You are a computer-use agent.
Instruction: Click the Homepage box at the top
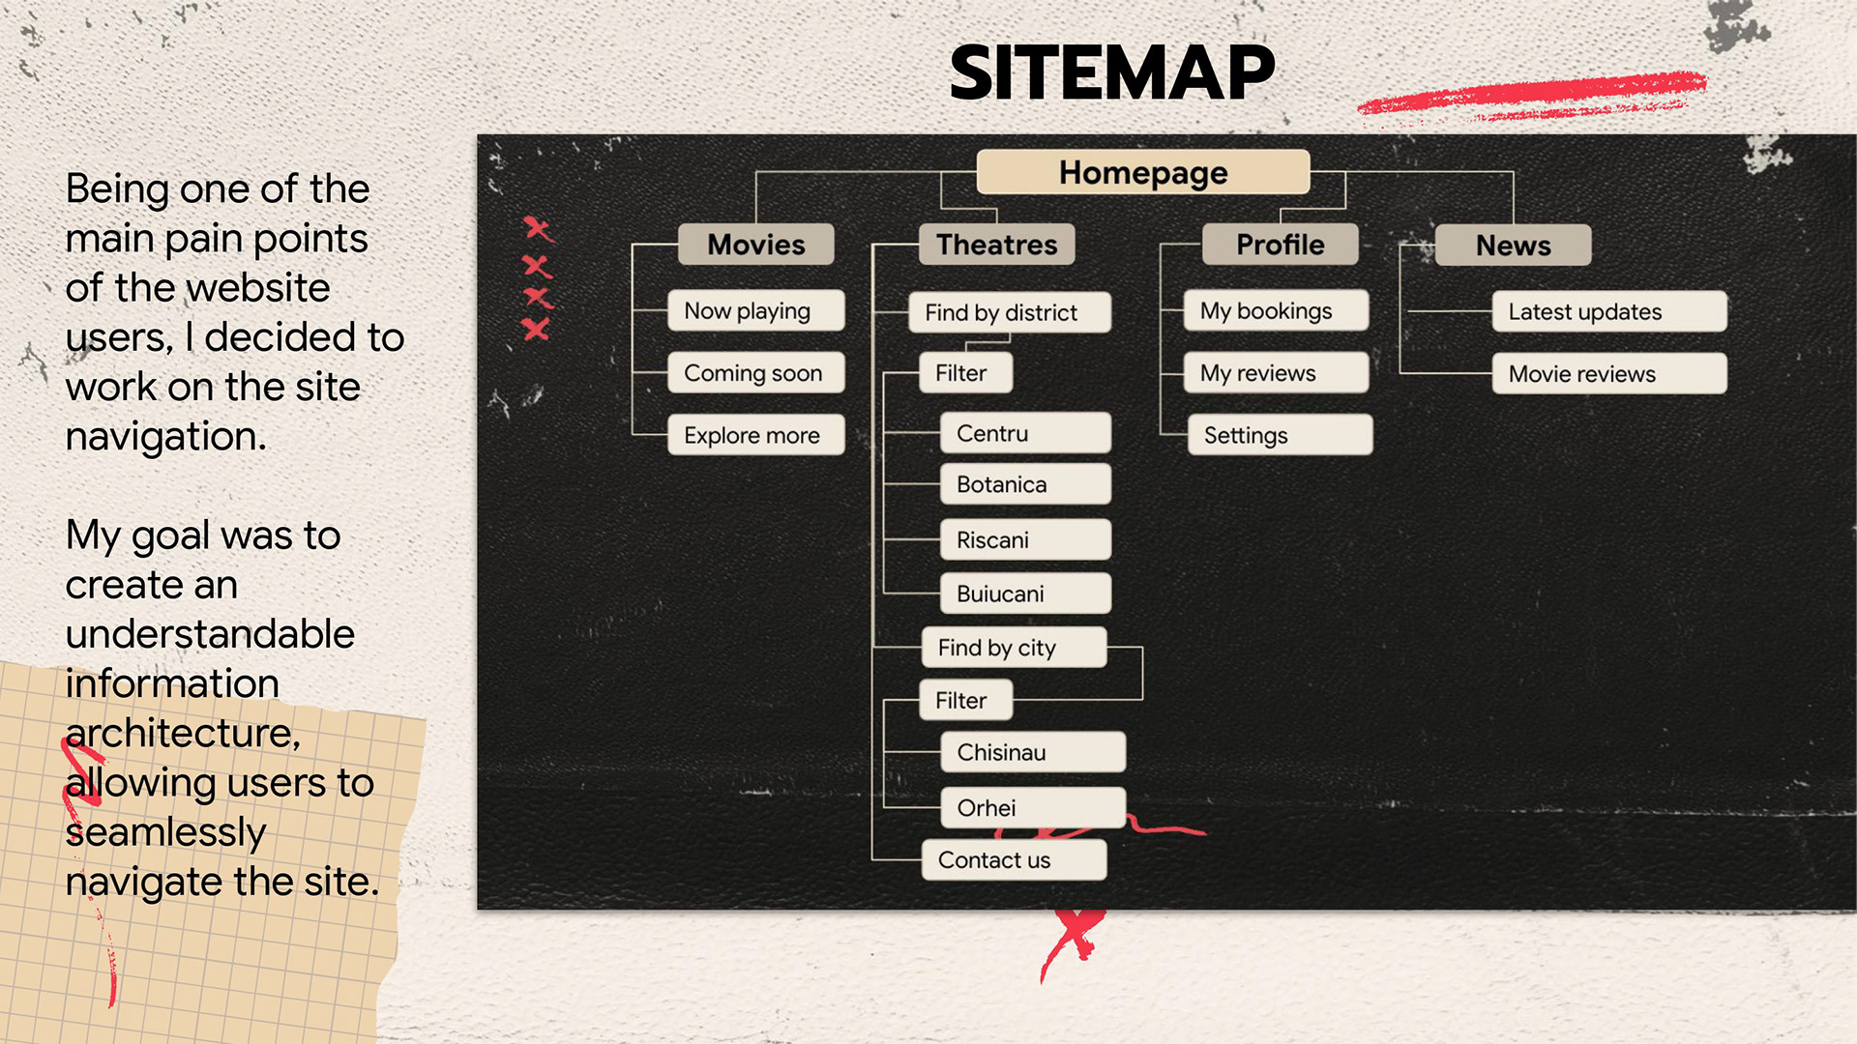click(x=1142, y=172)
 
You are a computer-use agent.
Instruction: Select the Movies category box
click(x=755, y=245)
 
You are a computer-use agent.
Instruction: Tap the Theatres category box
click(x=996, y=245)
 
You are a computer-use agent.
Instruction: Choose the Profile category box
click(x=1280, y=245)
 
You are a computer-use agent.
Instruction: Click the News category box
click(x=1513, y=246)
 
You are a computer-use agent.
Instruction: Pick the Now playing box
click(x=755, y=311)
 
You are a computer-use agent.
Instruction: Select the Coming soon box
click(x=755, y=373)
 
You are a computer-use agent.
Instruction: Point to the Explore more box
click(x=755, y=435)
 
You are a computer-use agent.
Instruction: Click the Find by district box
click(x=1009, y=312)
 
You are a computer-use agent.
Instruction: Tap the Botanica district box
click(x=1025, y=484)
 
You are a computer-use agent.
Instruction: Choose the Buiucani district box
click(x=1025, y=594)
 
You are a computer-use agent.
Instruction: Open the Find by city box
click(x=1014, y=648)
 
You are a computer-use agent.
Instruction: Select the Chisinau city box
click(x=1032, y=752)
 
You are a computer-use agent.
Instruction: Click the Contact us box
click(x=1014, y=860)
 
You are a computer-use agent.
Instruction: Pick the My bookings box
click(x=1276, y=311)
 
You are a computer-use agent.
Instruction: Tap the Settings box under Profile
click(x=1280, y=435)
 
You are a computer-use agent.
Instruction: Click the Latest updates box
click(x=1608, y=312)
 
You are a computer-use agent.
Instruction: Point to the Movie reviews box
click(x=1608, y=374)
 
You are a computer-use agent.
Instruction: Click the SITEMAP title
click(x=1112, y=72)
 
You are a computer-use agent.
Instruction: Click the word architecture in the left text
click(x=183, y=733)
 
